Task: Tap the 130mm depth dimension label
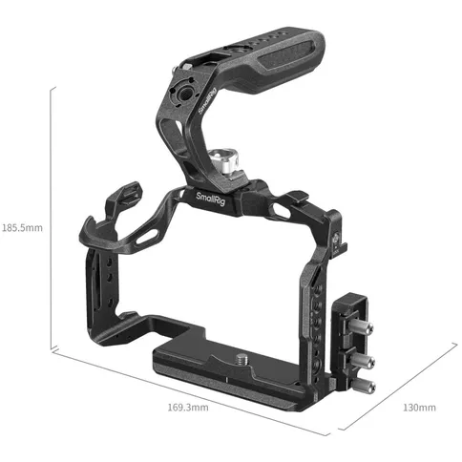[x=419, y=408]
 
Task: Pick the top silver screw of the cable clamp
[x=364, y=330]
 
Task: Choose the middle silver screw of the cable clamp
[x=364, y=362]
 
